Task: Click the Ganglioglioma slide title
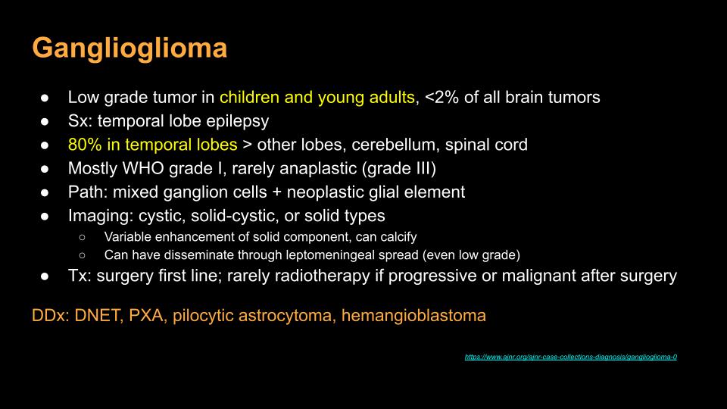(129, 48)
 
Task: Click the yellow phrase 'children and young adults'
(317, 98)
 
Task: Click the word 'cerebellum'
(394, 145)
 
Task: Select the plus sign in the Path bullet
(277, 192)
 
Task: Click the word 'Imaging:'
(101, 216)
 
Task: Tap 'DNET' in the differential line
(98, 316)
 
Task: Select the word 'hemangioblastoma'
(413, 316)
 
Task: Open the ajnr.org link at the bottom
(571, 357)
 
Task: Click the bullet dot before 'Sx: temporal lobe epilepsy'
(45, 122)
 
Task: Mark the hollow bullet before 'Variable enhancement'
(82, 237)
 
